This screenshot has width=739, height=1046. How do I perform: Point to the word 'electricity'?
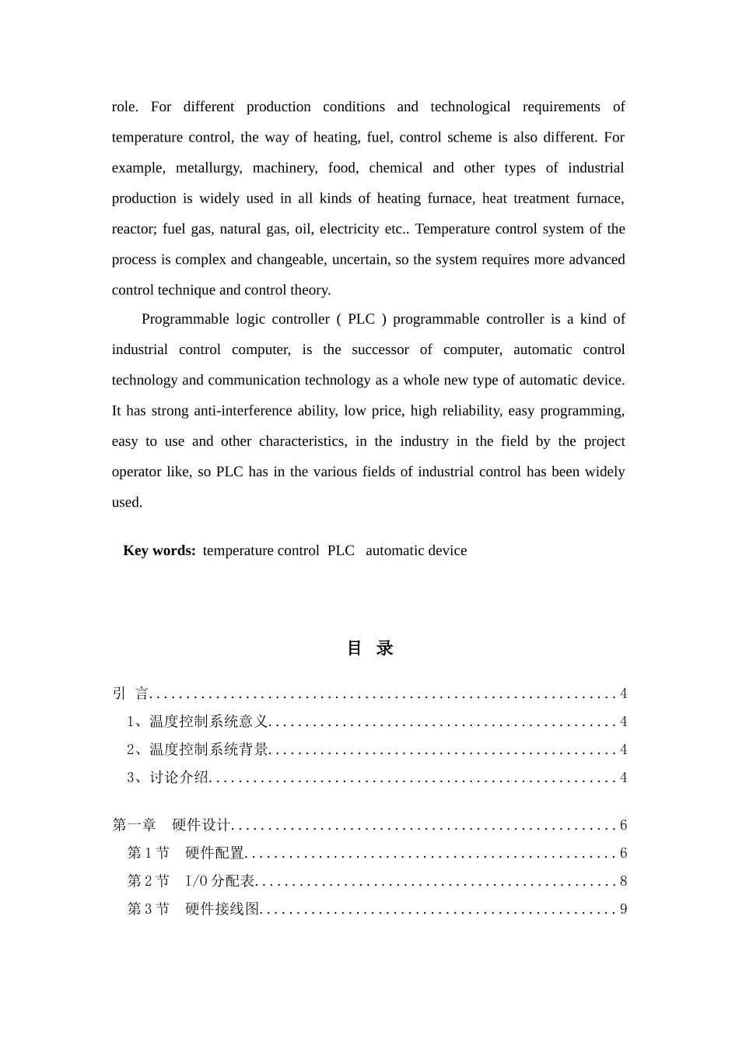(x=350, y=230)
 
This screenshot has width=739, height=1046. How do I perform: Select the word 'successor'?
(x=380, y=350)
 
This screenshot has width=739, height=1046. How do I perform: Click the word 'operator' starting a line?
(x=137, y=472)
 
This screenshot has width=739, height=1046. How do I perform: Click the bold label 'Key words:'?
(x=159, y=551)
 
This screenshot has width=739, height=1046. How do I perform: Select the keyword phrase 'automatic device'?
(x=416, y=551)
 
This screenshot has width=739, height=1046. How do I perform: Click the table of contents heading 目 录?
(x=369, y=648)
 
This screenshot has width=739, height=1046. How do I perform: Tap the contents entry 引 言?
(x=131, y=693)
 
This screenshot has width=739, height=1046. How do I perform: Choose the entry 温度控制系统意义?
(x=208, y=721)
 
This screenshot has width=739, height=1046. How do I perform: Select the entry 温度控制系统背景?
(x=208, y=749)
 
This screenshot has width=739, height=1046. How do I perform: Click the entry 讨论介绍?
(x=179, y=777)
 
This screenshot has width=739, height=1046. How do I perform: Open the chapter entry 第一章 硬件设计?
(x=171, y=825)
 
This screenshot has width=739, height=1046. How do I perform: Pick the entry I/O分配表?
(x=220, y=881)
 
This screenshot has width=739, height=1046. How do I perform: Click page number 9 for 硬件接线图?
(x=623, y=909)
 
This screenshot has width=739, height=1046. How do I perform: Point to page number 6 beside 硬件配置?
(x=623, y=853)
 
